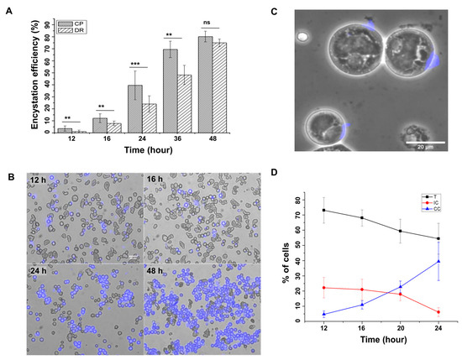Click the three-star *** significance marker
coord(135,65)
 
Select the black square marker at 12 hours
coord(324,211)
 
